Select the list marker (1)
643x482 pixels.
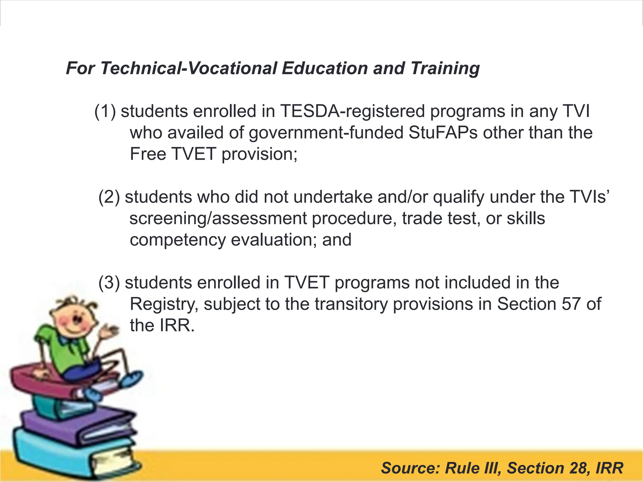tap(105, 111)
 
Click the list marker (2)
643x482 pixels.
tap(109, 197)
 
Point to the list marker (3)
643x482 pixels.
tap(109, 283)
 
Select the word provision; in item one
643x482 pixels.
tap(259, 154)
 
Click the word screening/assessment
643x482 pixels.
tap(218, 218)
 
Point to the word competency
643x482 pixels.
tap(178, 240)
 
